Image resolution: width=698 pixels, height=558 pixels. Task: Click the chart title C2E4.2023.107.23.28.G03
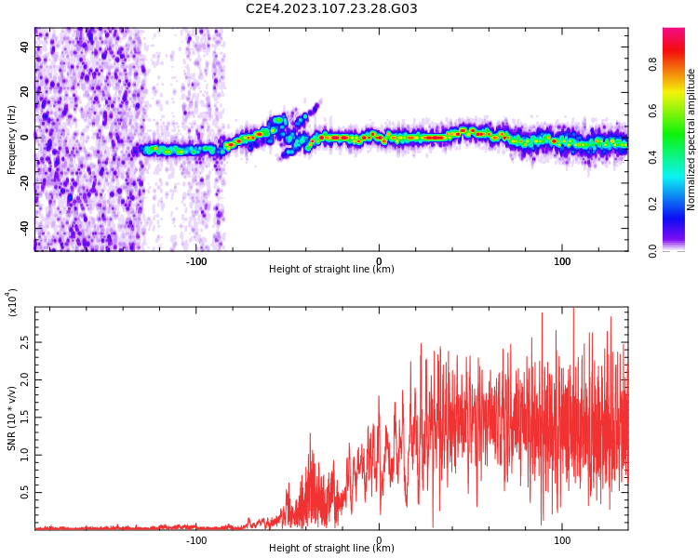coord(331,8)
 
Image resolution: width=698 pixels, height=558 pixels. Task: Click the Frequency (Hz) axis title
coord(11,139)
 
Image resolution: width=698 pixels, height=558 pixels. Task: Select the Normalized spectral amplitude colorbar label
coord(691,139)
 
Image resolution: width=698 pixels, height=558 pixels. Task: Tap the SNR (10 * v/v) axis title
coord(11,418)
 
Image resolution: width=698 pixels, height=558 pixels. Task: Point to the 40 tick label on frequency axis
coord(24,46)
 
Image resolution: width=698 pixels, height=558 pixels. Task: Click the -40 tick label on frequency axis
coord(24,229)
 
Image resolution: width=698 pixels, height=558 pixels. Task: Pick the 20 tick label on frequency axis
coord(24,92)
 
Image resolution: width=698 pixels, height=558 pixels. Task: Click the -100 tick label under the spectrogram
coord(195,261)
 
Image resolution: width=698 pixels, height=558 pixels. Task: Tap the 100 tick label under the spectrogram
coord(562,261)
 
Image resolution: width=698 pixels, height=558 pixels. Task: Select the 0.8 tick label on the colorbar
coord(652,64)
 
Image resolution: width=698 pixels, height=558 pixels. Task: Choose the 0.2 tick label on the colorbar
coord(652,205)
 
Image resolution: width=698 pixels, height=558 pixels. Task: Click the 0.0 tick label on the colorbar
coord(652,251)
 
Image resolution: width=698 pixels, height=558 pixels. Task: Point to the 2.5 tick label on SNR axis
coord(24,342)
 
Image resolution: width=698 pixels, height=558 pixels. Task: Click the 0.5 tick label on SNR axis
coord(24,493)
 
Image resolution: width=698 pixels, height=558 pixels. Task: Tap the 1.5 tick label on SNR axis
coord(24,418)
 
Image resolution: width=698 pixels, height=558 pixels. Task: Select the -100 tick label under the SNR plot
coord(195,540)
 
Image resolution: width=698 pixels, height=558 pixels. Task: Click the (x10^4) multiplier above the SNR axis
coord(12,302)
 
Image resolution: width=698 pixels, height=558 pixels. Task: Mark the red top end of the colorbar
coord(674,30)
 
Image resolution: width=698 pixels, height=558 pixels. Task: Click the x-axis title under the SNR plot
coord(331,548)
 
